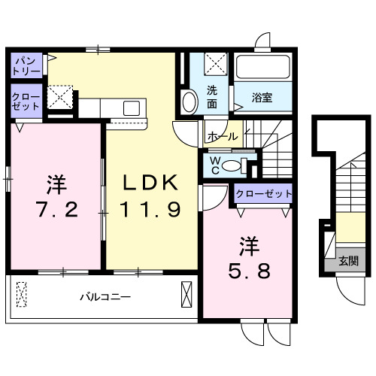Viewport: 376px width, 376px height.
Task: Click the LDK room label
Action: [x=151, y=182]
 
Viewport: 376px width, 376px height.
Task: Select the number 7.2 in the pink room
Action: [x=55, y=210]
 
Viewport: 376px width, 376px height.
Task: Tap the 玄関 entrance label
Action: [x=347, y=261]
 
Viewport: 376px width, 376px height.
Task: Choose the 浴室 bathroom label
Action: [x=261, y=97]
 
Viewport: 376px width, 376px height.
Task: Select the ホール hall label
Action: [x=222, y=137]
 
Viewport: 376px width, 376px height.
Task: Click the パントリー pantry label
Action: [x=26, y=64]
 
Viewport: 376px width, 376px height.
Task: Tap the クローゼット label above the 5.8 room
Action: [x=262, y=194]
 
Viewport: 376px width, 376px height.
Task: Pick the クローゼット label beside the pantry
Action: [x=25, y=102]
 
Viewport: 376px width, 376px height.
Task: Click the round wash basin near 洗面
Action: [x=190, y=99]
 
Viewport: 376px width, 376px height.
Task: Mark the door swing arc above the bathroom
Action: [x=263, y=41]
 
